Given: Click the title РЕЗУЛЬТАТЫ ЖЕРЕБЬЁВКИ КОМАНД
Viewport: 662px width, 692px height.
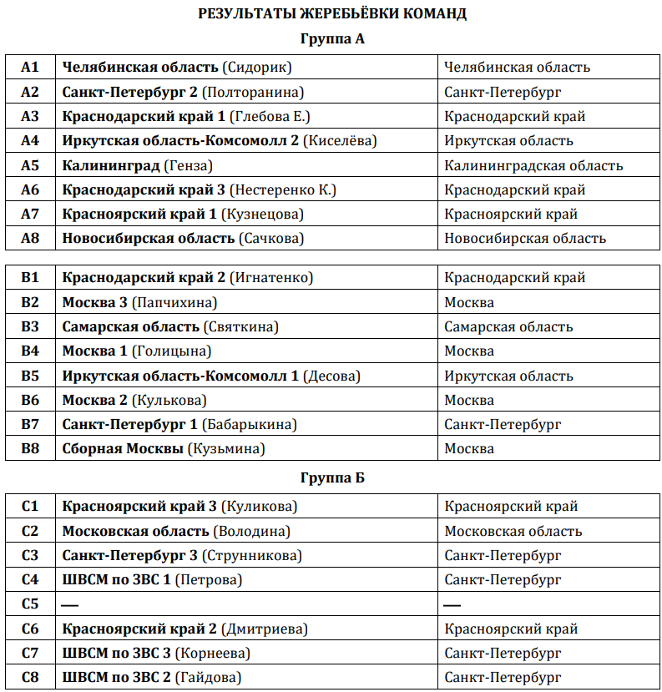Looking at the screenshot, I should pos(331,13).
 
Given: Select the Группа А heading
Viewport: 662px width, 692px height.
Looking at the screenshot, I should pos(331,39).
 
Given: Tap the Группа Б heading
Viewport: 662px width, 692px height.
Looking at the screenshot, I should pos(331,478).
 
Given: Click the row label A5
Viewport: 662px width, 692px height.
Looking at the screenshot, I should pos(30,165).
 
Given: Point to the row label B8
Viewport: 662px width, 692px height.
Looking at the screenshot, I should pos(30,449).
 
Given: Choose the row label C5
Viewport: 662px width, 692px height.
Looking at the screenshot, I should pos(30,604).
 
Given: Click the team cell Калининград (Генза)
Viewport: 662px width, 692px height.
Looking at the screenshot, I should pos(137,165).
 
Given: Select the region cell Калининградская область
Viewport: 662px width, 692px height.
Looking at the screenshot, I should pos(533,165).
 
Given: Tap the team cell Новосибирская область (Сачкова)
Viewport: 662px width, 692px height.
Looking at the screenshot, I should pos(183,239).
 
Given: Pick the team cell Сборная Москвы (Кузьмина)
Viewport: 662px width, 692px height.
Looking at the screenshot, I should pos(164,449).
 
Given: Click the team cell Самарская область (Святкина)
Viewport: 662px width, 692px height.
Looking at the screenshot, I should pos(170,326).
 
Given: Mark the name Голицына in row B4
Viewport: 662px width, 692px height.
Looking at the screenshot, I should pos(174,351).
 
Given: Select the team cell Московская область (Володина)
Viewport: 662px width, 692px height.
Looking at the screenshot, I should pos(176,531).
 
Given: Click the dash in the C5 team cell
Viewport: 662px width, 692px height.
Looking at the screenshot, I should pos(71,604).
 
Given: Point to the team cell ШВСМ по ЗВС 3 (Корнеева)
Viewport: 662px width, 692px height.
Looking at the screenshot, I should pos(156,653).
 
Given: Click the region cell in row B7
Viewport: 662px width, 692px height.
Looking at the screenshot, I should pos(503,425).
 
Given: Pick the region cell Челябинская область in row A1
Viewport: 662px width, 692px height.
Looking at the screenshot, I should pos(517,68).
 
